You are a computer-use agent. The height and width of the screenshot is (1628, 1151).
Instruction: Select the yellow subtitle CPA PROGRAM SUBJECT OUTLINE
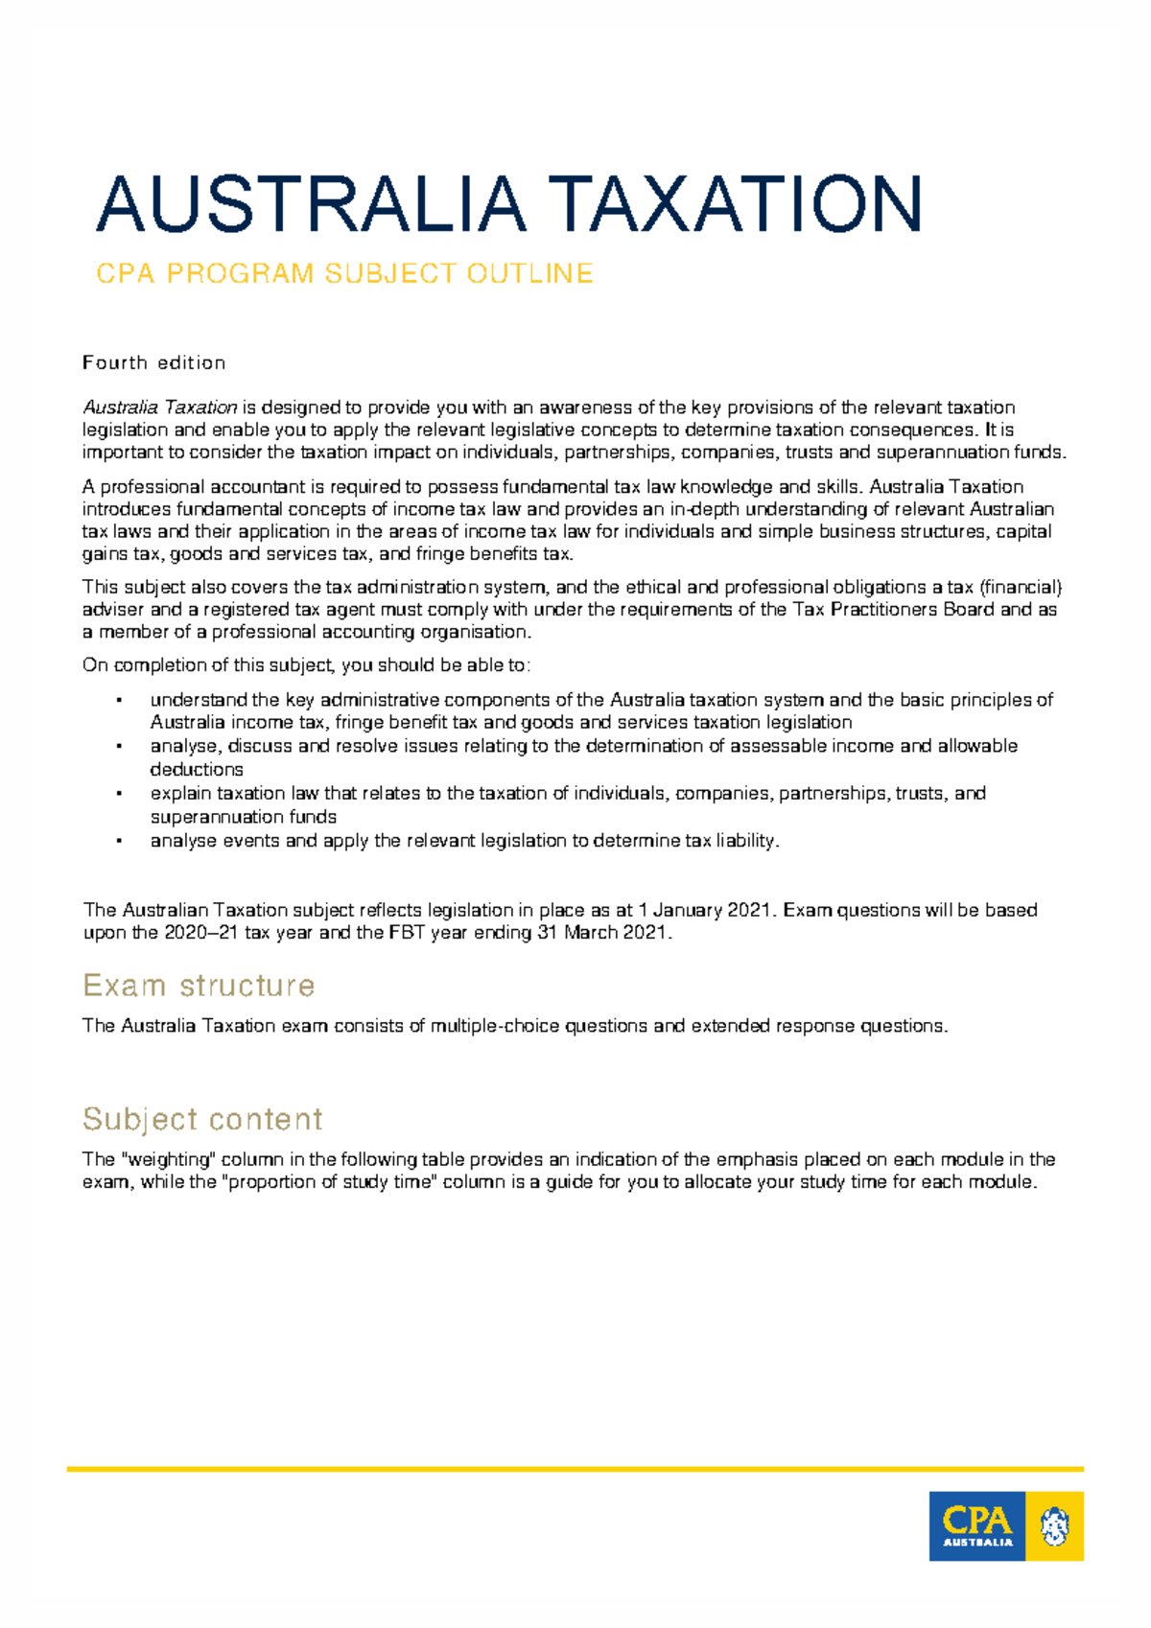click(344, 274)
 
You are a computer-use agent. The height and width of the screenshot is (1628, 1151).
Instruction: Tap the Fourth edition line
click(153, 362)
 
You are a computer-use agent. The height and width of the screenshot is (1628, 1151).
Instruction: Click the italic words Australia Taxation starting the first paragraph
click(159, 407)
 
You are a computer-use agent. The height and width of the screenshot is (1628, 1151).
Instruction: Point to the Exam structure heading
click(199, 986)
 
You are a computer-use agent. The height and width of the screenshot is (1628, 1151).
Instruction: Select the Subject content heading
click(202, 1119)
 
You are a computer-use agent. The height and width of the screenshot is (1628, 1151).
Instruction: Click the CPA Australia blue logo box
click(976, 1526)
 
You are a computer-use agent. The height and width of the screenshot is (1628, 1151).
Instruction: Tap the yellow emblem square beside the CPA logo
click(1054, 1526)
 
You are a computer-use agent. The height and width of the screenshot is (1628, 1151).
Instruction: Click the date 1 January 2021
click(705, 910)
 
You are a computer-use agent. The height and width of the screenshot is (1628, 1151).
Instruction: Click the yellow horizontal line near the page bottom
click(575, 1468)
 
